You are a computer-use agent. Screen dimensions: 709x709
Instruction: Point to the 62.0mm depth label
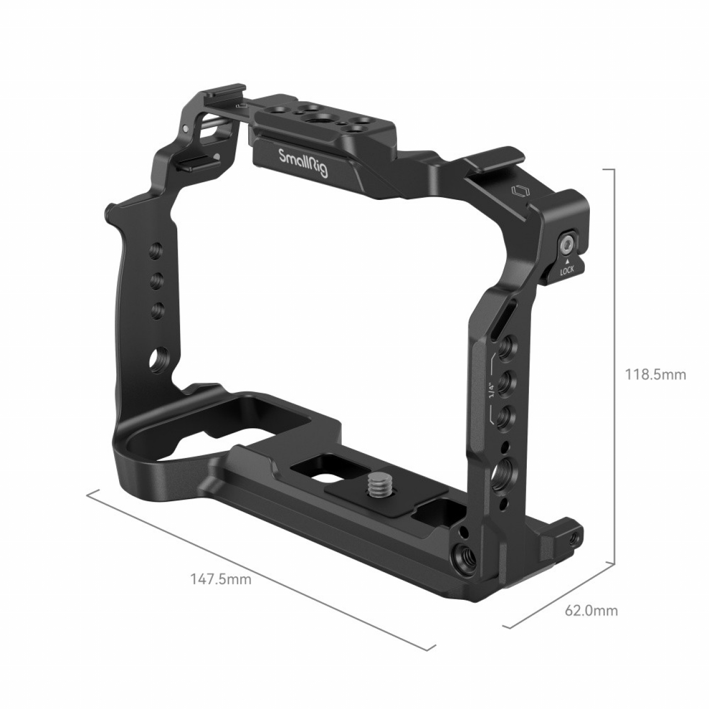pos(591,611)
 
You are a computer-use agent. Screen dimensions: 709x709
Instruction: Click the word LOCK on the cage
pos(567,271)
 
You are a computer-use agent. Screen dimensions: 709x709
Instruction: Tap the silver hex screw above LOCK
pos(567,243)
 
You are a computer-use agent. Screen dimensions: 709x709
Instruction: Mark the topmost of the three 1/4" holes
pos(506,350)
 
